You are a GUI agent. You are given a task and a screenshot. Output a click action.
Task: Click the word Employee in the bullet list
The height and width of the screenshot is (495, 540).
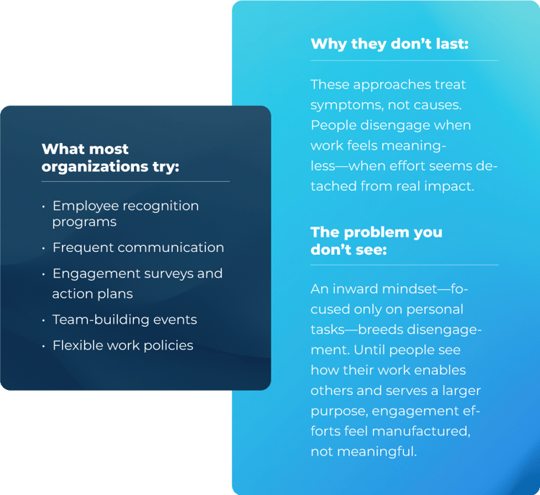(x=85, y=206)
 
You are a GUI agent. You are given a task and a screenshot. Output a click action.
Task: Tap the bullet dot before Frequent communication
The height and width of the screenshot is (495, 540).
(x=44, y=248)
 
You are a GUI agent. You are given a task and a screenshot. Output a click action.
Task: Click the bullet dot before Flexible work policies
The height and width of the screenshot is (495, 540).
(x=44, y=346)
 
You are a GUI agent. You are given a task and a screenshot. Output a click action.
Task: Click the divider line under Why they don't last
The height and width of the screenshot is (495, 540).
(x=404, y=60)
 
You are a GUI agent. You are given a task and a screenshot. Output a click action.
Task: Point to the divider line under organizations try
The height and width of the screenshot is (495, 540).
(x=135, y=181)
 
